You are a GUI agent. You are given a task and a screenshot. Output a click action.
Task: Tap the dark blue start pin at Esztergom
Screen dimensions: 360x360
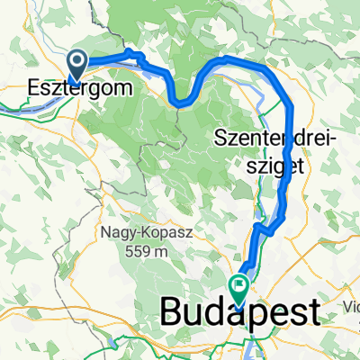77,63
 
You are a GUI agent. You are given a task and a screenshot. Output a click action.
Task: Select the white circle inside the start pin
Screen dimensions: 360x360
77,59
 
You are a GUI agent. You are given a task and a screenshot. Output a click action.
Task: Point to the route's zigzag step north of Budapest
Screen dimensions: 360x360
261,229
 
